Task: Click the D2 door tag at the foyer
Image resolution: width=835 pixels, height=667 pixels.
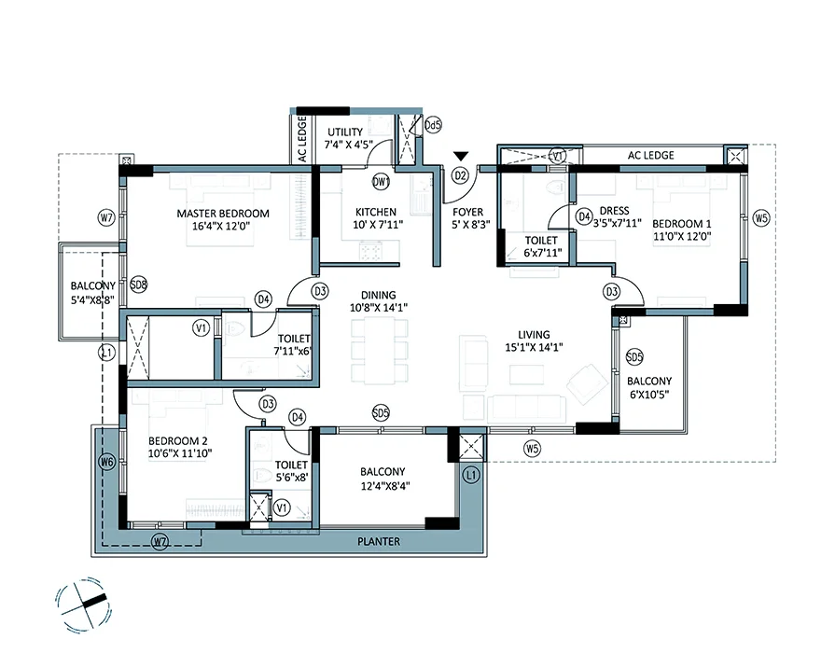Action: [461, 175]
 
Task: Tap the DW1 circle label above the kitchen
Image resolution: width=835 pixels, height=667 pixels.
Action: [382, 182]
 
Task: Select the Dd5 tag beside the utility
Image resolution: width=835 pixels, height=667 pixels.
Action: [434, 125]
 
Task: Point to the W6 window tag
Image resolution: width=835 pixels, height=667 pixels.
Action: [107, 462]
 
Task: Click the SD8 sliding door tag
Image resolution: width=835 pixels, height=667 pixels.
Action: [138, 285]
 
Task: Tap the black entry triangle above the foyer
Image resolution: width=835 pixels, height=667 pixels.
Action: [461, 156]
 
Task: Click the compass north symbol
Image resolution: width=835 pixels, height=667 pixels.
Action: [84, 604]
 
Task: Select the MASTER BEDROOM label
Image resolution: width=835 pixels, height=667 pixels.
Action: [223, 214]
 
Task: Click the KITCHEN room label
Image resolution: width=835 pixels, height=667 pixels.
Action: [376, 212]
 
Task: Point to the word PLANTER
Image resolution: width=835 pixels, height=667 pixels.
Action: [379, 541]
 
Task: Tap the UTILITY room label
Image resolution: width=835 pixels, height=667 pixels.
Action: [345, 132]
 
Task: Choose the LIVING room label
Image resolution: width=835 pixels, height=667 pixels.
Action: [534, 335]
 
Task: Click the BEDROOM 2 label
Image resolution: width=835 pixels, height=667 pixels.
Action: [178, 440]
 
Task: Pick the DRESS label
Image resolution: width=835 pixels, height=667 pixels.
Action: [614, 211]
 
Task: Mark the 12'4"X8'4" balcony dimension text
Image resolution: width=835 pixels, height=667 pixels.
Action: [385, 485]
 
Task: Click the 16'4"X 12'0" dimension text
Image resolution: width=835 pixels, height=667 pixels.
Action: [221, 226]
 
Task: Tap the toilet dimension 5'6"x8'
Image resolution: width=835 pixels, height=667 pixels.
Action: [292, 478]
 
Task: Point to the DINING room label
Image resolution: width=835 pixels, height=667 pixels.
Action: [379, 295]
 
